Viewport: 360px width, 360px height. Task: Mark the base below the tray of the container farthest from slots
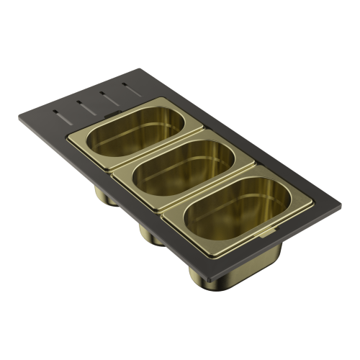206,274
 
